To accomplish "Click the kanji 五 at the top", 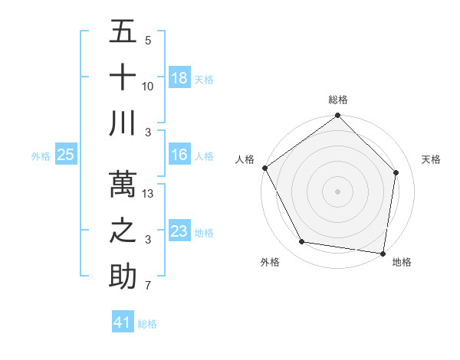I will [x=123, y=32].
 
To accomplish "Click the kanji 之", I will [x=123, y=231].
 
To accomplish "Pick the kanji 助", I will [x=123, y=276].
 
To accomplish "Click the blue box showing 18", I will [x=179, y=77].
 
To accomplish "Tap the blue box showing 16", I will [x=179, y=155].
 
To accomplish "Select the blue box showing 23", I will [x=179, y=231].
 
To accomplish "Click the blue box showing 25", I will [x=66, y=155].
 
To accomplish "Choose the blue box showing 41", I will [x=123, y=322].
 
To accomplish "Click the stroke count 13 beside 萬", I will [x=148, y=194].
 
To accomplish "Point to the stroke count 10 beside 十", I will [x=148, y=87].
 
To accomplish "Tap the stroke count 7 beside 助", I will [x=148, y=286].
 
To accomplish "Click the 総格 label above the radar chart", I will [x=338, y=100].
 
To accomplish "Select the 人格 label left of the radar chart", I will [x=245, y=159].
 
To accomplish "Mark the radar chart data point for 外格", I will [x=302, y=242].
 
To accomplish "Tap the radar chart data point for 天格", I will [x=396, y=172].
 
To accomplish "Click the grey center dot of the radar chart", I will [x=337, y=191].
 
